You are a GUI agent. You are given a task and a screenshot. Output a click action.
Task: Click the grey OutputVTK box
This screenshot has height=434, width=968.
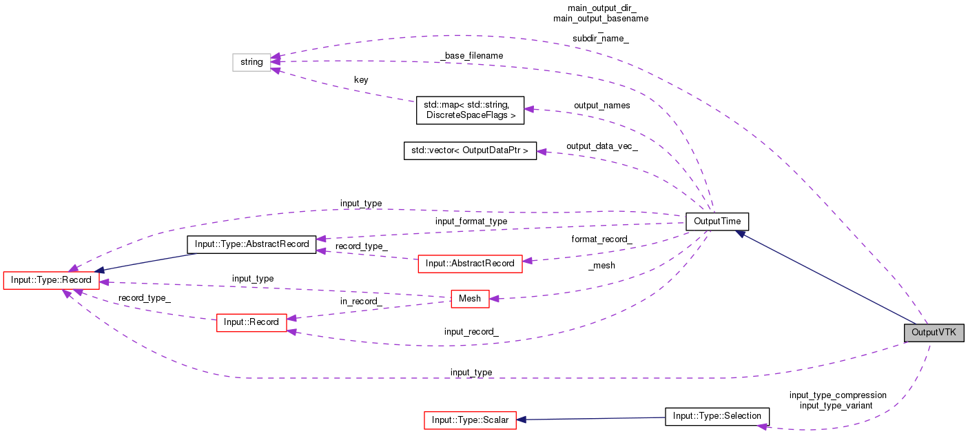[x=934, y=333]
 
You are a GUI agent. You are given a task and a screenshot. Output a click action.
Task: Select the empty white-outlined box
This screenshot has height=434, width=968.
[x=251, y=62]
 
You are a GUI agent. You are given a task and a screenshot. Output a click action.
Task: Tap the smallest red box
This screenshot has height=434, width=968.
[x=470, y=299]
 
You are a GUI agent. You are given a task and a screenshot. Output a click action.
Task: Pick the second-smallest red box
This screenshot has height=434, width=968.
[x=251, y=323]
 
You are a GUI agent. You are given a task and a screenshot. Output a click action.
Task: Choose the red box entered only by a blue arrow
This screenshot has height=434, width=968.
[x=470, y=420]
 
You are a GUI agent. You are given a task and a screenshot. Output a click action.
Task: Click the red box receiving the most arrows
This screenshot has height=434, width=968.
[x=51, y=280]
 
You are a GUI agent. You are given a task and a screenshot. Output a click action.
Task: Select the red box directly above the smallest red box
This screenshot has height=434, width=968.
[x=470, y=264]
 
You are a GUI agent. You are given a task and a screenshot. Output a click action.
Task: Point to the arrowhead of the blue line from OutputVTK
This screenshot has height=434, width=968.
[x=739, y=233]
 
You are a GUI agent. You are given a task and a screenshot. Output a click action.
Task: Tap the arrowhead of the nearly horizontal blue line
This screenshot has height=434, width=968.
[x=522, y=420]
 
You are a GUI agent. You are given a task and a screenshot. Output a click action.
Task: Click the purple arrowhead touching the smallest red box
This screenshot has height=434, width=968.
[x=494, y=299]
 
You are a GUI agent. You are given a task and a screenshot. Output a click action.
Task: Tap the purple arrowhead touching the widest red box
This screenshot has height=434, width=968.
[x=527, y=261]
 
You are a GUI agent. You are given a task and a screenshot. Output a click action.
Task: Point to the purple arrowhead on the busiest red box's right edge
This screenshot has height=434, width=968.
[x=104, y=282]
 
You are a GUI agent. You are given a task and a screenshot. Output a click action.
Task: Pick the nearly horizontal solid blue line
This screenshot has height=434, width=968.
[x=593, y=418]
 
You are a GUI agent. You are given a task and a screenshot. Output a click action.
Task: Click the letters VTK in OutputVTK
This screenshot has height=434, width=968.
[x=947, y=333]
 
